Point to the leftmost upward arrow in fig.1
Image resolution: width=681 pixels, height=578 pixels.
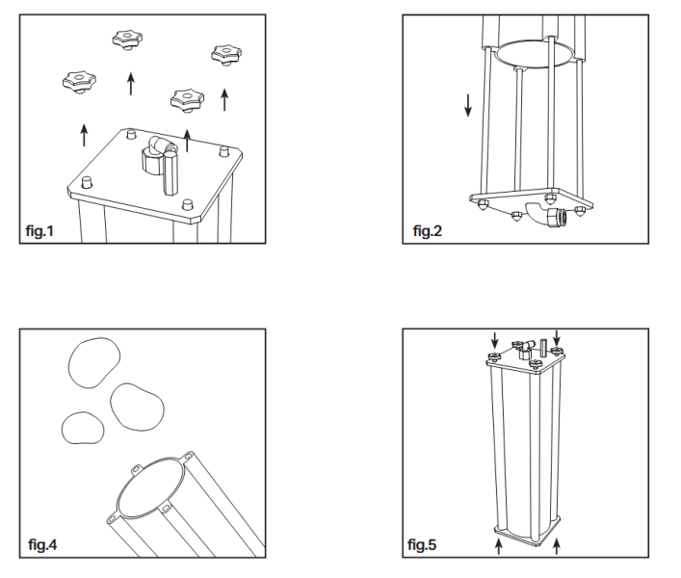84,133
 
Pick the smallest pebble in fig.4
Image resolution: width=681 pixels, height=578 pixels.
80,425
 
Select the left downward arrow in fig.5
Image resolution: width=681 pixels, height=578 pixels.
494,338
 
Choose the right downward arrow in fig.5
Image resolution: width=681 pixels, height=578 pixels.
555,338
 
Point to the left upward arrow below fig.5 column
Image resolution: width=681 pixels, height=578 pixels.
498,547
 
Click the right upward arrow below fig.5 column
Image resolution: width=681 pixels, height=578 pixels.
557,547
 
